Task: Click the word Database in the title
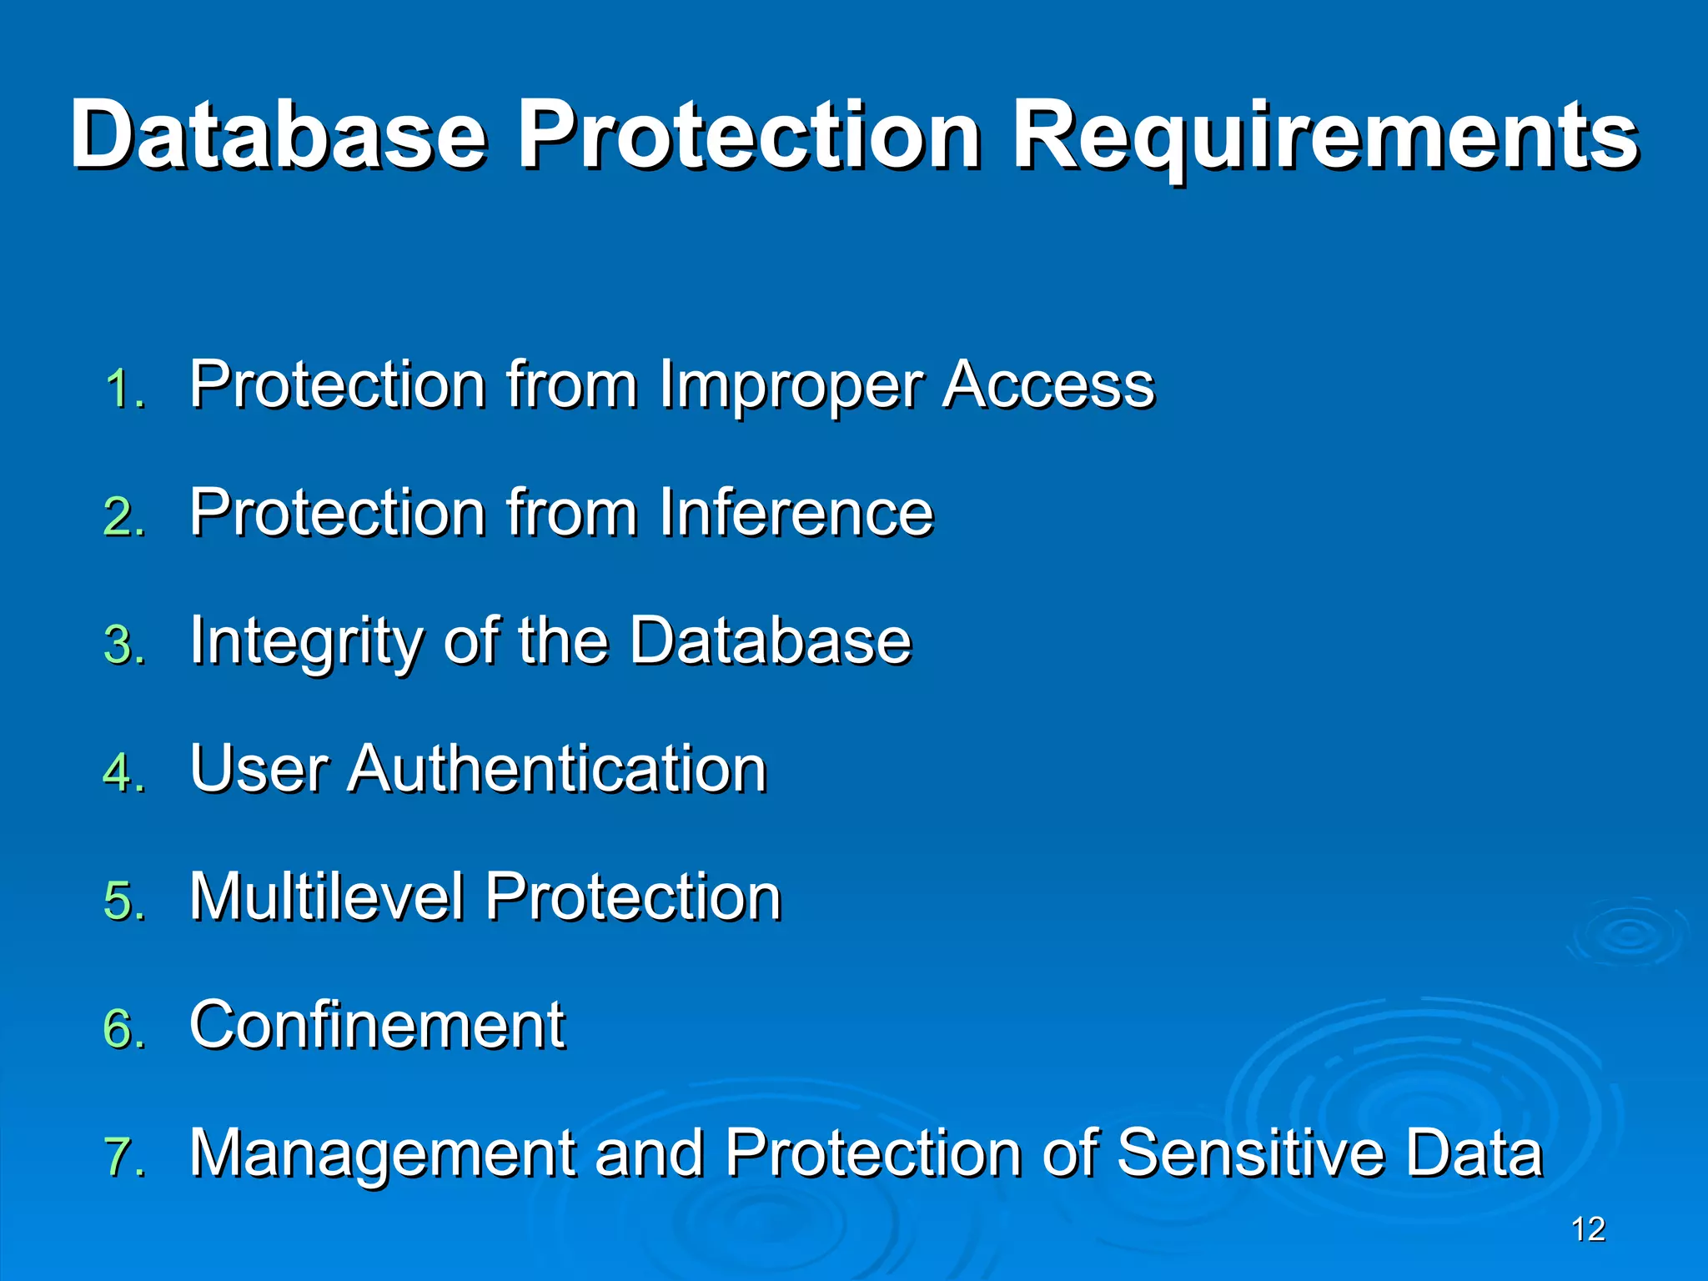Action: [278, 135]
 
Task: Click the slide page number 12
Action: [1588, 1230]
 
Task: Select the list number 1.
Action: [124, 389]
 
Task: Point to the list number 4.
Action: [124, 772]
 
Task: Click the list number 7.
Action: [124, 1157]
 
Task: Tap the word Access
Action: [1048, 384]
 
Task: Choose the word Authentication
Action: [557, 768]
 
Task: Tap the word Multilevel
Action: [326, 897]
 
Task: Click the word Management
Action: [383, 1155]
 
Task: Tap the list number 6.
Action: [124, 1028]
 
